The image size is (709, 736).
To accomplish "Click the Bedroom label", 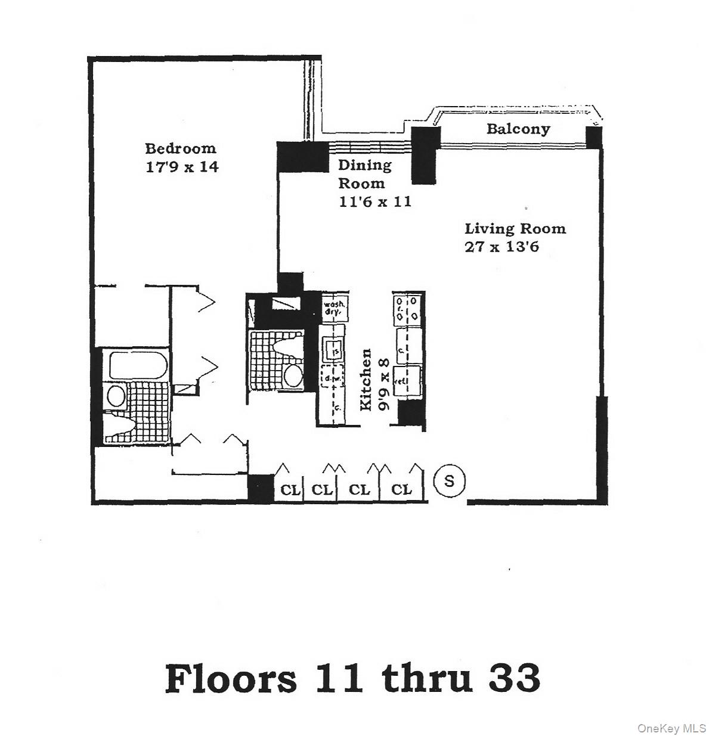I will click(x=180, y=148).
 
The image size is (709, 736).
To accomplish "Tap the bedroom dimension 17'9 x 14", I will click(x=182, y=167).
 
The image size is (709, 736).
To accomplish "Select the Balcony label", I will click(x=518, y=129).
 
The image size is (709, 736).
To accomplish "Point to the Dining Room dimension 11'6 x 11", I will click(x=375, y=201).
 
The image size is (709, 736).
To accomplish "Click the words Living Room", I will click(x=515, y=229).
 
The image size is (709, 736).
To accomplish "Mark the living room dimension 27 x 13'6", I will click(x=501, y=247).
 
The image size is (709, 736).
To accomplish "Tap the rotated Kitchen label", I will click(x=366, y=380).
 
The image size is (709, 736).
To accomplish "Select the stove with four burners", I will click(x=408, y=309).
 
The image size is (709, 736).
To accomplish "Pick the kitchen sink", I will click(x=332, y=349).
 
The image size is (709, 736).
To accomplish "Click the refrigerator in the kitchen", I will click(x=408, y=380).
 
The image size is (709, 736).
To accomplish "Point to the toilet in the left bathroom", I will click(x=117, y=426).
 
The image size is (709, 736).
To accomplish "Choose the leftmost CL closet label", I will click(x=290, y=490).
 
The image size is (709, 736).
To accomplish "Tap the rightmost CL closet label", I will click(x=401, y=490).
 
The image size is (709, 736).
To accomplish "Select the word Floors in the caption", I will click(x=230, y=678).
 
